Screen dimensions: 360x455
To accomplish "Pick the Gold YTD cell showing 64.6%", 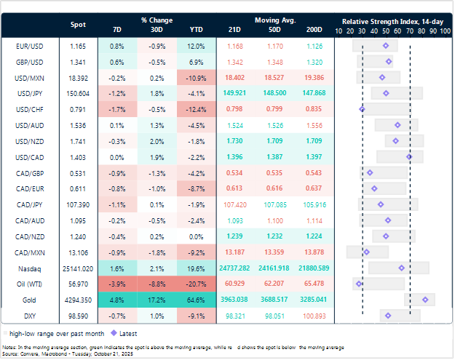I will (x=196, y=299).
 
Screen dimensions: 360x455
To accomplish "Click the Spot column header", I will (x=78, y=25).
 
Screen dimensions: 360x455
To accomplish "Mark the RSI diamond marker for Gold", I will (x=425, y=299).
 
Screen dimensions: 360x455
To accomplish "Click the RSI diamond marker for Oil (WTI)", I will (x=358, y=284).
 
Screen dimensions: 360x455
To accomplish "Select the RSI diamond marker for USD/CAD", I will (x=409, y=156).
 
